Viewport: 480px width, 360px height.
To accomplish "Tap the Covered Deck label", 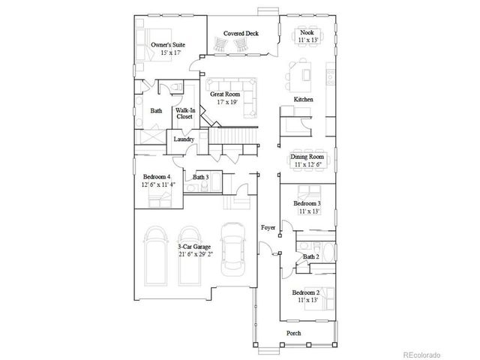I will pyautogui.click(x=241, y=33).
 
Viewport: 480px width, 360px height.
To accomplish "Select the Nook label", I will pyautogui.click(x=307, y=32).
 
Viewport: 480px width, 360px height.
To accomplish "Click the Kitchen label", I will pyautogui.click(x=303, y=99).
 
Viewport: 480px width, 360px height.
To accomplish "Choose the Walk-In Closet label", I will pyautogui.click(x=184, y=113).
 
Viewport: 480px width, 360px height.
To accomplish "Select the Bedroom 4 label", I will pyautogui.click(x=157, y=177).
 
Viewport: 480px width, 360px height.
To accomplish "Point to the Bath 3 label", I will pyautogui.click(x=200, y=177).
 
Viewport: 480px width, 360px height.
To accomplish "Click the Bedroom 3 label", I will pyautogui.click(x=307, y=203).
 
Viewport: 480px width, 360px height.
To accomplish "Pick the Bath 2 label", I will pyautogui.click(x=311, y=256).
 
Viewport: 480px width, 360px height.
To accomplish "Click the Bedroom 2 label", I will pyautogui.click(x=306, y=292).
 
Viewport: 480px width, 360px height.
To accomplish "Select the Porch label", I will pyautogui.click(x=294, y=333).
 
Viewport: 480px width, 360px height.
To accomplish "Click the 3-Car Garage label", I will pyautogui.click(x=194, y=247).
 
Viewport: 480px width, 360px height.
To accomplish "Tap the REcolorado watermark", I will pyautogui.click(x=422, y=354).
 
